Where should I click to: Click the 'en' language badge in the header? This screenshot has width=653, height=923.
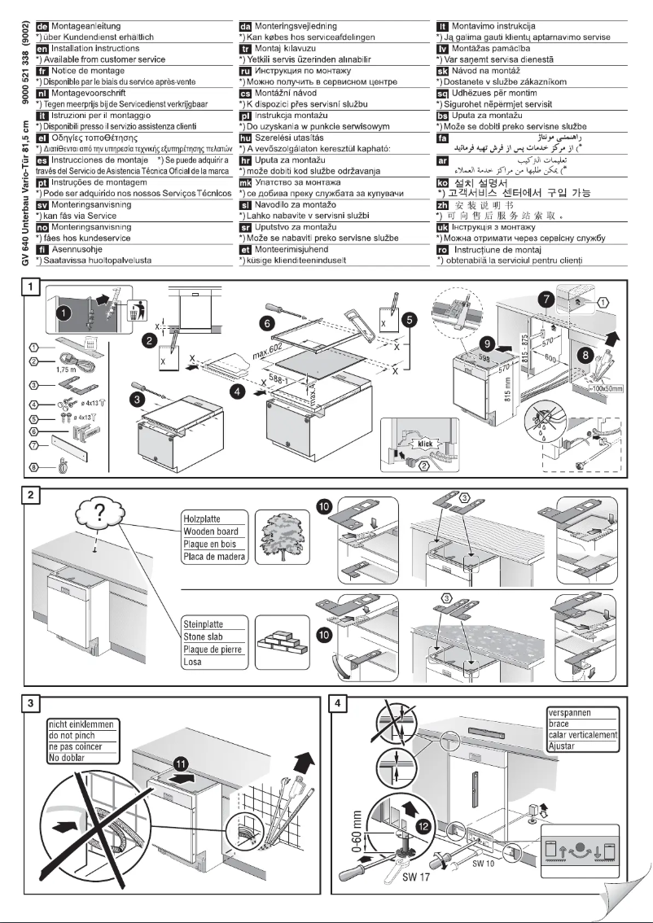click(x=32, y=48)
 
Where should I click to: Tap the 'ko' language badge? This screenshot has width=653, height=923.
click(x=444, y=183)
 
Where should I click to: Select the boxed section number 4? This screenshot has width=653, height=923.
click(x=342, y=702)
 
